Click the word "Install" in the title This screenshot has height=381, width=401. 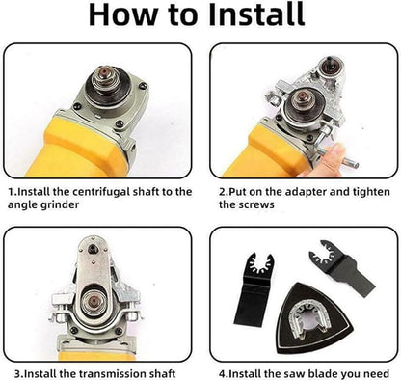click(246, 16)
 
